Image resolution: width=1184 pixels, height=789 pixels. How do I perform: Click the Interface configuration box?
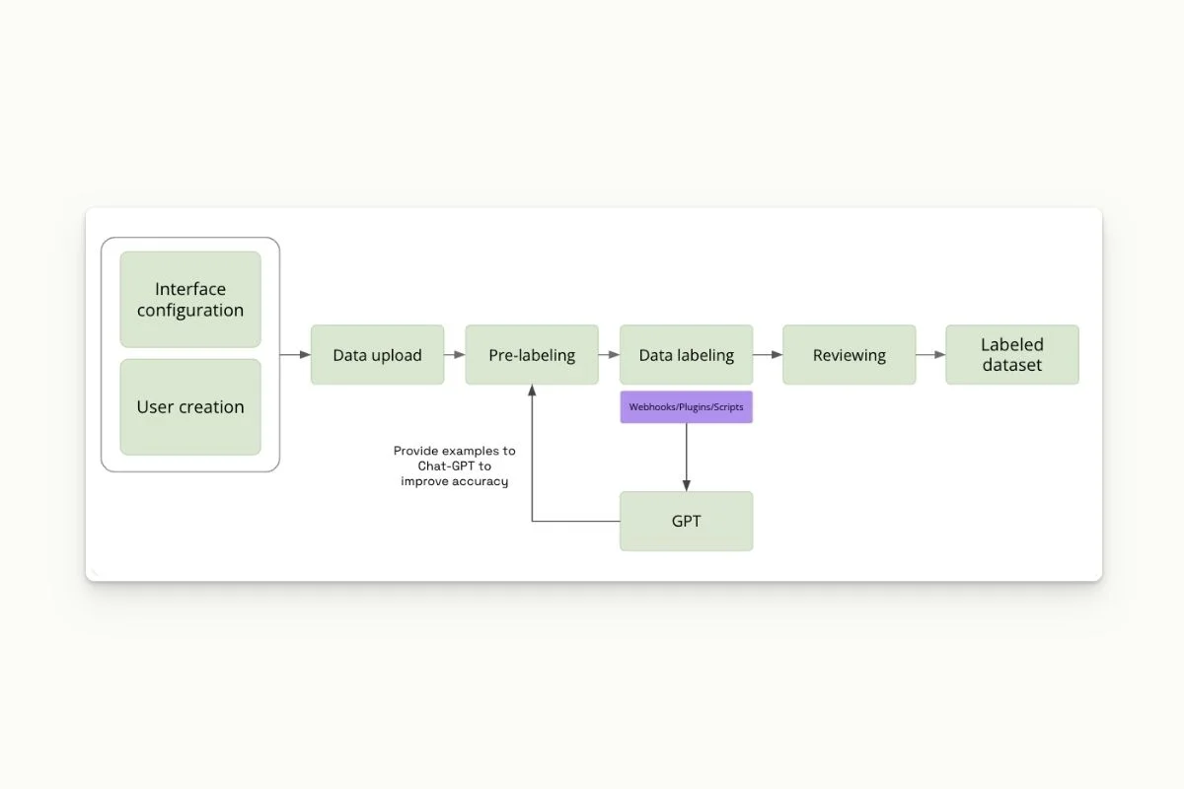coord(190,299)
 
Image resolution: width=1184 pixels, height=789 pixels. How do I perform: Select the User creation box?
coord(190,406)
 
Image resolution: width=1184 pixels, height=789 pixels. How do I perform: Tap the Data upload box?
coord(377,355)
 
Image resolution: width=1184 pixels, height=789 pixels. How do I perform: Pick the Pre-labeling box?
coord(532,355)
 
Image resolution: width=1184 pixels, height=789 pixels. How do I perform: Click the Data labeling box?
coord(686,355)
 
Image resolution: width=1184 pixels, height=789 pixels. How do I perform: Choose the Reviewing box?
coord(849,355)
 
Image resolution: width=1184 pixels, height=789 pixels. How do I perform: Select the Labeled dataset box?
coord(1011,355)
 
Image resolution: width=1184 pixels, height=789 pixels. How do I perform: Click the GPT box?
coord(686,521)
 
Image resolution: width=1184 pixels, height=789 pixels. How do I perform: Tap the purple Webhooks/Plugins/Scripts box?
coord(686,406)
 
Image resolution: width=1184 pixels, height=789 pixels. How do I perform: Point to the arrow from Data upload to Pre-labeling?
coord(454,355)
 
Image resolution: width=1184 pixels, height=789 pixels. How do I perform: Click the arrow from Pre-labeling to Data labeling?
coord(609,355)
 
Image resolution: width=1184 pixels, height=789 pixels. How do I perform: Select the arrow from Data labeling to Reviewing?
coord(768,355)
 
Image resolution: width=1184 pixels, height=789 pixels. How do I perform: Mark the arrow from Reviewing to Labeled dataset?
coord(930,355)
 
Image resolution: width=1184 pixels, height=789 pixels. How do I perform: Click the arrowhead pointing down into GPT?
coord(686,484)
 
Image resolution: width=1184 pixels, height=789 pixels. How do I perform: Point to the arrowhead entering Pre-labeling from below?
coord(532,391)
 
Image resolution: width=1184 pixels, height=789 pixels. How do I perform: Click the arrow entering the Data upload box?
coord(296,355)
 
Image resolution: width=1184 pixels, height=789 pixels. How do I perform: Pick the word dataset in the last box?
coord(1011,366)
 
